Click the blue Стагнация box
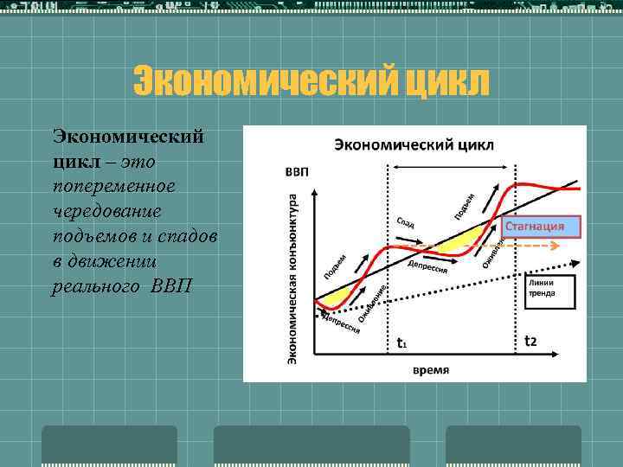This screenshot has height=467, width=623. pyautogui.click(x=541, y=227)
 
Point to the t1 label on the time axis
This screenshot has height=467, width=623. pyautogui.click(x=401, y=342)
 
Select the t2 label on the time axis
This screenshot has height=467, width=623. pyautogui.click(x=531, y=341)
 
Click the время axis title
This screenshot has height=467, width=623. pyautogui.click(x=430, y=369)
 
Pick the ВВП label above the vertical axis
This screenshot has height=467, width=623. pyautogui.click(x=297, y=170)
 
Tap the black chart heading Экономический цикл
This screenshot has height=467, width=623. pyautogui.click(x=414, y=144)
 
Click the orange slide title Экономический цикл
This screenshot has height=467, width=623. pyautogui.click(x=311, y=83)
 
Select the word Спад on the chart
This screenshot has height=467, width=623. pyautogui.click(x=407, y=222)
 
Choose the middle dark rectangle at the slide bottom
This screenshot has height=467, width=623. pyautogui.click(x=311, y=445)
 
